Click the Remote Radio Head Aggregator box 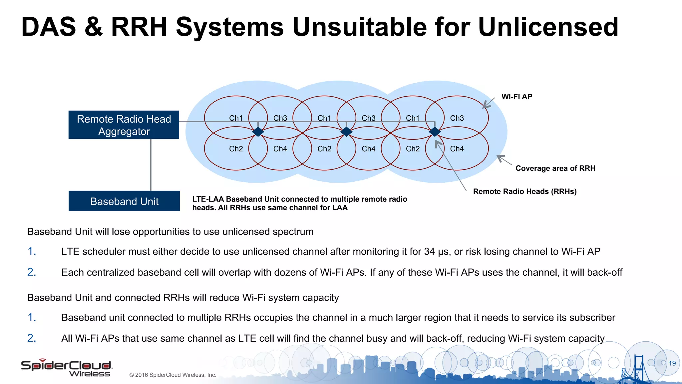pos(124,125)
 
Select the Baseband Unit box pos(124,201)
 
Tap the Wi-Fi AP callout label pos(517,97)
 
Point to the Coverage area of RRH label pos(555,168)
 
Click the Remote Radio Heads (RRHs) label pos(525,191)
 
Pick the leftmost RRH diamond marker pos(258,132)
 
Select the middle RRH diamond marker pos(346,132)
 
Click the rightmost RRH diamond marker pos(435,132)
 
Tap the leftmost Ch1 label pos(236,118)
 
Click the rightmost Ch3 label pos(457,118)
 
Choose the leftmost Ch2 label pos(236,149)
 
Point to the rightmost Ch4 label pos(457,149)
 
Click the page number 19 pos(672,363)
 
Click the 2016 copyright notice pos(173,375)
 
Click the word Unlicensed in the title pos(548,27)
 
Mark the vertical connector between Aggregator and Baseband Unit pos(151,165)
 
